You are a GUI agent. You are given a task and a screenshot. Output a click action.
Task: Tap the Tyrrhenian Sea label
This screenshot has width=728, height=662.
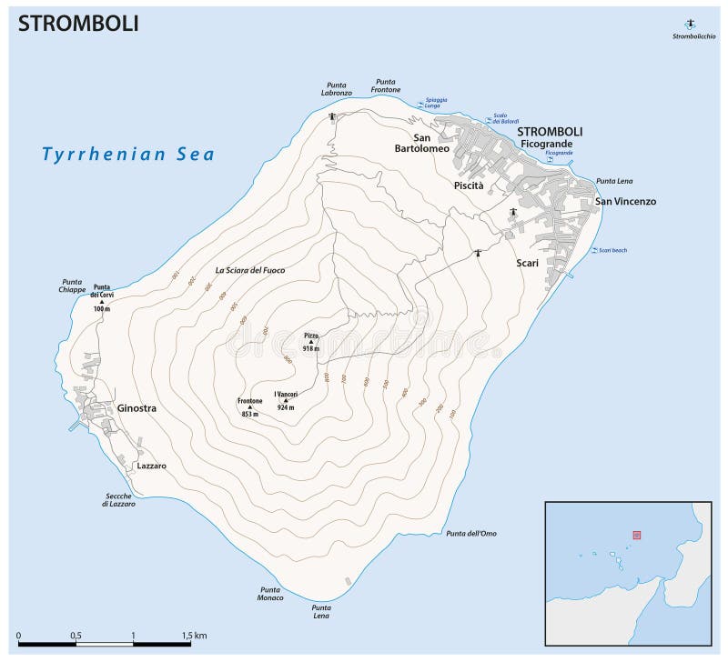coord(128,154)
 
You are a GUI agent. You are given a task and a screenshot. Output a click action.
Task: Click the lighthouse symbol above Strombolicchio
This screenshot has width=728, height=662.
coord(690,25)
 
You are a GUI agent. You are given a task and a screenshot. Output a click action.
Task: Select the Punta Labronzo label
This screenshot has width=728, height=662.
coord(336,89)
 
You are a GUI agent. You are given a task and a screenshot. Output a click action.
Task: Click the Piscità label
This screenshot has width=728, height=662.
coord(468,185)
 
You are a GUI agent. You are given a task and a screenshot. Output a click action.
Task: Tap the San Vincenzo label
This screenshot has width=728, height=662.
coord(625,202)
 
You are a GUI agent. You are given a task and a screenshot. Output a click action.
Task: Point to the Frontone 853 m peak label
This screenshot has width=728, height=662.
coord(249,406)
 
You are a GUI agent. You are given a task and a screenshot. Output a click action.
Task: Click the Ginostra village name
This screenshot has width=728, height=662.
coord(136,408)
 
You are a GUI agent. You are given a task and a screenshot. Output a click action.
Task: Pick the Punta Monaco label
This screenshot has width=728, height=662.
coord(269,593)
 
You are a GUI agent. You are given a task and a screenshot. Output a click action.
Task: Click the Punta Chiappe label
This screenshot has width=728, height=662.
coord(73,286)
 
